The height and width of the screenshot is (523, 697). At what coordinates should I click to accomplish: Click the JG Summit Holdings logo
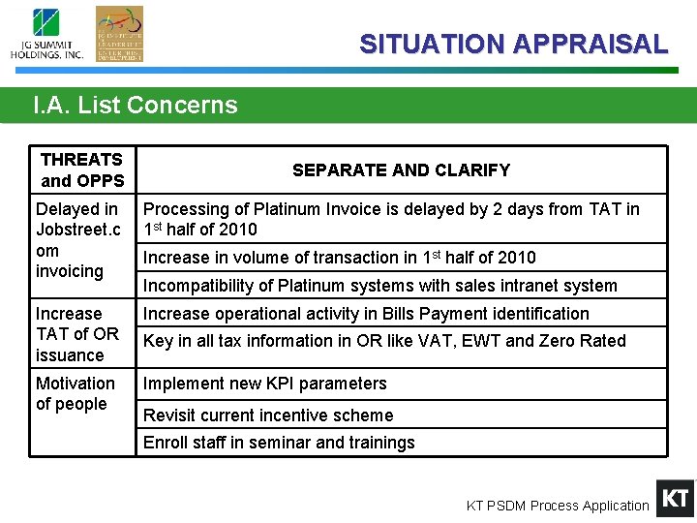coord(46,35)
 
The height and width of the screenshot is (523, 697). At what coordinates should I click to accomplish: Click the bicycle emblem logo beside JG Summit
coord(119,34)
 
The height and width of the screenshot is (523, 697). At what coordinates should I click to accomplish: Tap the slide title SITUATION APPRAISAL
coord(513,44)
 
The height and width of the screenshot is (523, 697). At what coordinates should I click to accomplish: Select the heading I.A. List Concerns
coord(135,105)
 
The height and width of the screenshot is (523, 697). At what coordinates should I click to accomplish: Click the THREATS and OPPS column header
coord(82,169)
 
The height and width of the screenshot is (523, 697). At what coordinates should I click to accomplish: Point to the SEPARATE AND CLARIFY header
coord(401,170)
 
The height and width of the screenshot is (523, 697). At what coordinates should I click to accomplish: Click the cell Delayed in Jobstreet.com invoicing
coord(77,239)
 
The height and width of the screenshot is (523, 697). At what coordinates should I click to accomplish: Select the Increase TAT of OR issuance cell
coord(77,334)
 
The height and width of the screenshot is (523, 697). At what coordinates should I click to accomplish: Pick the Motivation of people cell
coord(76,394)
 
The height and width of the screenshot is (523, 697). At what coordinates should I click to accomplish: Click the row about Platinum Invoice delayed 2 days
coord(391,219)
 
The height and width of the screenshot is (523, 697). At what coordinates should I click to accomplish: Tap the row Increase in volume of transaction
coord(339,258)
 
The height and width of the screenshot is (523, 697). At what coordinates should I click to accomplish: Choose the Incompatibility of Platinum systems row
coord(379,286)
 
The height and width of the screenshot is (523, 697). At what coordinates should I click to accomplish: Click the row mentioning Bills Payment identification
coord(366,314)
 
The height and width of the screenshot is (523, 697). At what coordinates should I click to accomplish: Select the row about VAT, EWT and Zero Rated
coord(384,341)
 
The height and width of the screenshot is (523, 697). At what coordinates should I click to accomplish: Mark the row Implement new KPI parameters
coord(265,384)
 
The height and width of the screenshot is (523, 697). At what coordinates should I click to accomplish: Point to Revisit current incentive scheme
coord(268,415)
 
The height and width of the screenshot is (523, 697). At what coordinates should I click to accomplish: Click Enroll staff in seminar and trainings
coord(279,443)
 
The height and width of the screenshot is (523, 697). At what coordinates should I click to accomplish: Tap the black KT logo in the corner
coord(675,499)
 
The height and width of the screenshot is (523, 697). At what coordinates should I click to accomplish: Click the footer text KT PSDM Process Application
coord(558,506)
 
